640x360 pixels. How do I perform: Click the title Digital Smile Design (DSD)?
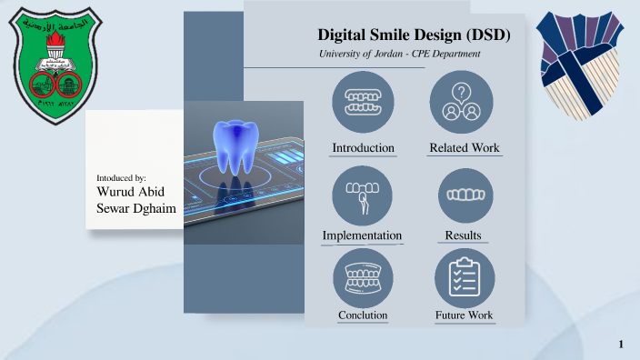(x=414, y=36)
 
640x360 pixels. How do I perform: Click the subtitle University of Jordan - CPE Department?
(x=399, y=55)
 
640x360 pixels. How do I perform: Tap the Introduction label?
(x=363, y=148)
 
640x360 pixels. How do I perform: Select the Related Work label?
(x=464, y=148)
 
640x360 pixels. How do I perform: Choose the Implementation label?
(x=362, y=236)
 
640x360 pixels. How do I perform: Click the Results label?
(x=463, y=236)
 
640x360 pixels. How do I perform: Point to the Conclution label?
(x=363, y=315)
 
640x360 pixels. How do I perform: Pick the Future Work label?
(x=464, y=315)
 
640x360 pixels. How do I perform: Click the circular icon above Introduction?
(x=364, y=103)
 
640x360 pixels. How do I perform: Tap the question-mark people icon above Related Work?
(x=461, y=103)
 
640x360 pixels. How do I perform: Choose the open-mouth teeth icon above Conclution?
(x=363, y=278)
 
